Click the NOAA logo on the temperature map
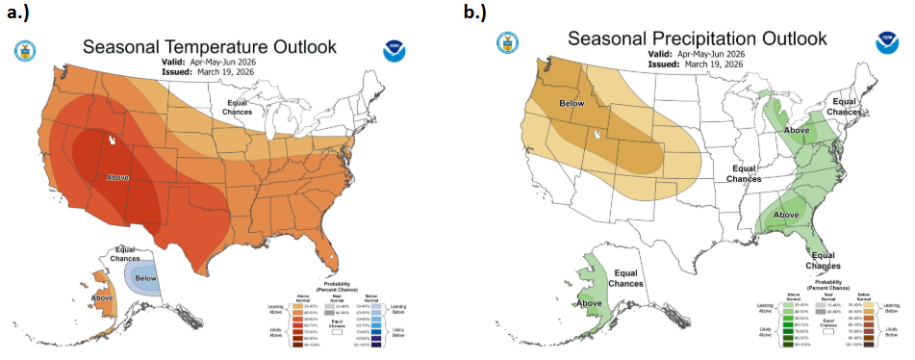[x=394, y=51]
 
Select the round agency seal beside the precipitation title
[x=507, y=42]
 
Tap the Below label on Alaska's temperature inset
[x=146, y=278]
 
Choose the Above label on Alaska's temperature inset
[x=103, y=297]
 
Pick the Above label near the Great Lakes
[x=797, y=129]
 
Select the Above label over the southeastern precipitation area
[x=786, y=214]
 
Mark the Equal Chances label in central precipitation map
[x=744, y=173]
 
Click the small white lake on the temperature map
[x=114, y=141]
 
